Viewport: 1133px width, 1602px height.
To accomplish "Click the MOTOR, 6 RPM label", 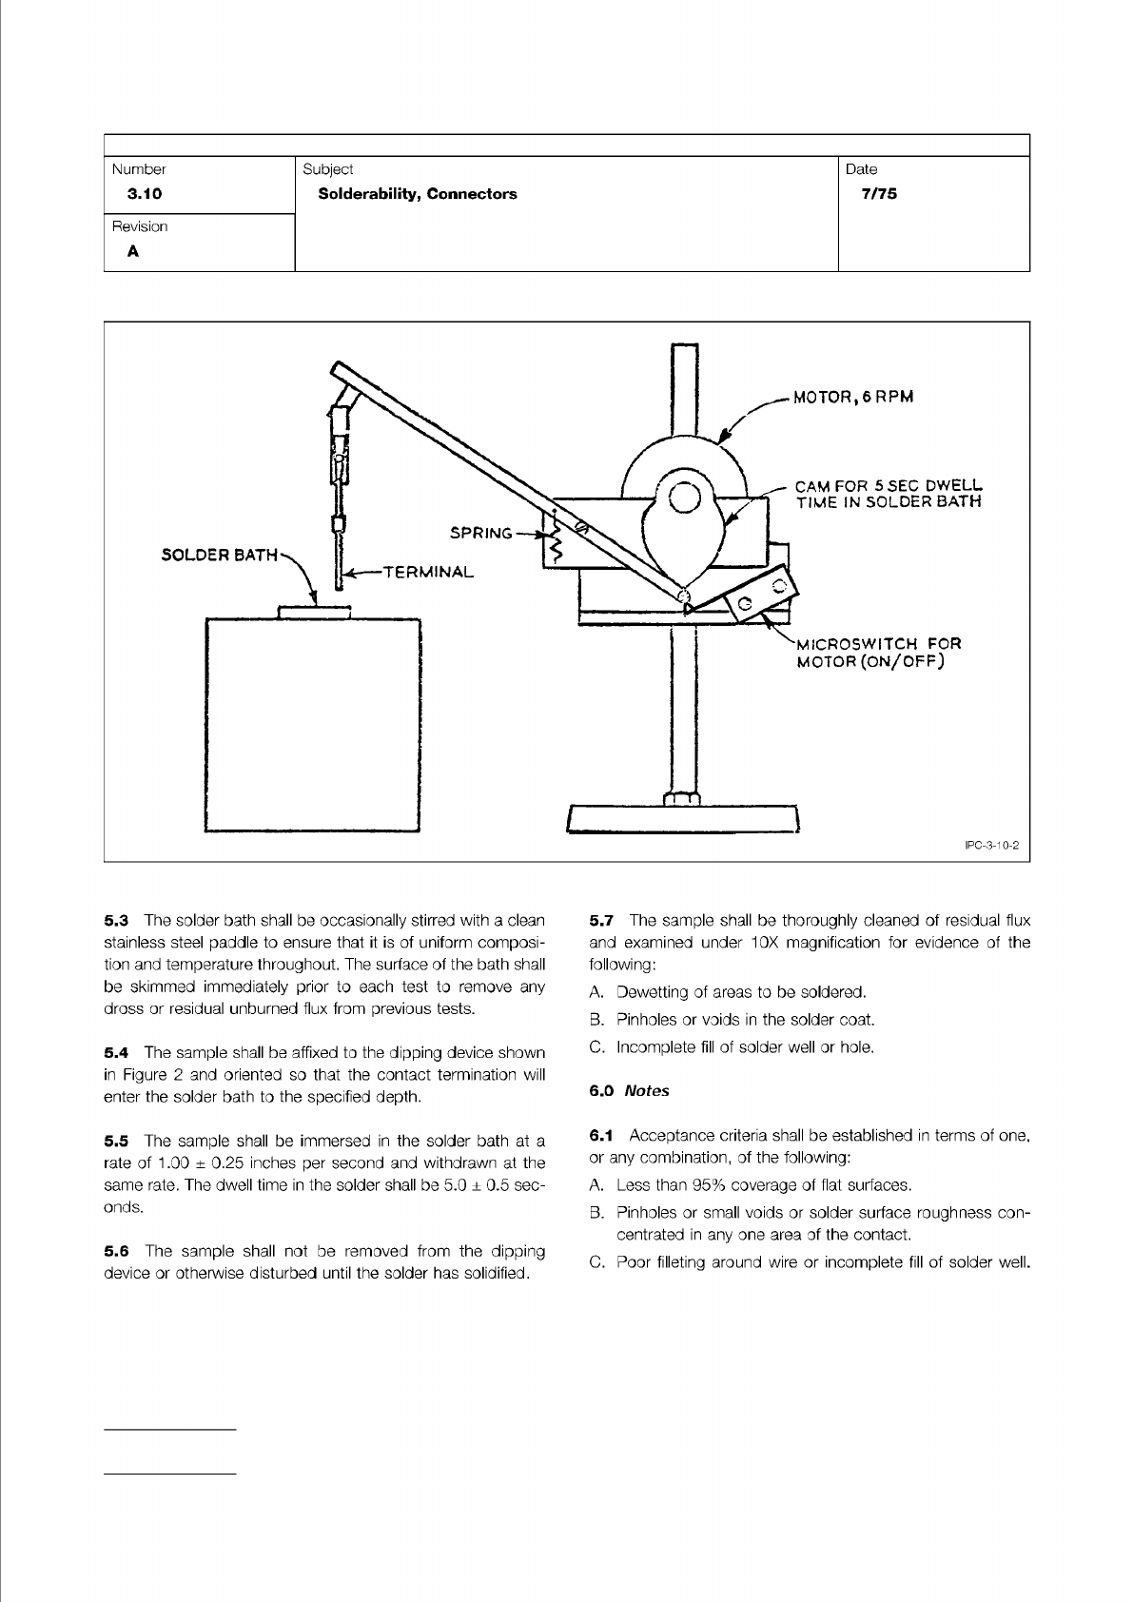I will pyautogui.click(x=853, y=398).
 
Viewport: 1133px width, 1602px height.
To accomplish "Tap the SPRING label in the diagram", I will pyautogui.click(x=480, y=533).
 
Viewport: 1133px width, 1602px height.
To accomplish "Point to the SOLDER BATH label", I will pyautogui.click(x=220, y=555).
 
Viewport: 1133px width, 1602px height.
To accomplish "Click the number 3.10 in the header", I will pyautogui.click(x=145, y=194).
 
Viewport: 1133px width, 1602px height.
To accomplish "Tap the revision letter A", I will pyautogui.click(x=133, y=252).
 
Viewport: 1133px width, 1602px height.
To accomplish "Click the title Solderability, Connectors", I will pyautogui.click(x=418, y=194).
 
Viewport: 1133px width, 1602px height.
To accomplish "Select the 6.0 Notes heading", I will pyautogui.click(x=629, y=1091).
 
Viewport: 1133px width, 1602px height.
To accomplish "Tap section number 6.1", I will pyautogui.click(x=602, y=1136).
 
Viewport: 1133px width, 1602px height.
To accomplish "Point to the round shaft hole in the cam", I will pyautogui.click(x=685, y=497).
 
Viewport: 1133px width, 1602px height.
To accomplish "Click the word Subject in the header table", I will pyautogui.click(x=327, y=169).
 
